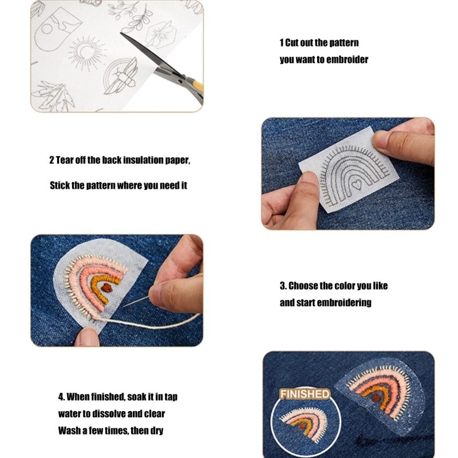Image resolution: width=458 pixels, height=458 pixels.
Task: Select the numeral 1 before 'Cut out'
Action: (x=282, y=42)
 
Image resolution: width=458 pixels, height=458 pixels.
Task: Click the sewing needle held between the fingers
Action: (x=136, y=302)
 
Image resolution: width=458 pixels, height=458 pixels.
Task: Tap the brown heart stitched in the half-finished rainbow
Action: (x=107, y=288)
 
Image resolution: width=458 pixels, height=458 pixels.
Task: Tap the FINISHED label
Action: (x=305, y=394)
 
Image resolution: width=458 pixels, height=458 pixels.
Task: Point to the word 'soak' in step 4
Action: (x=137, y=397)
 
